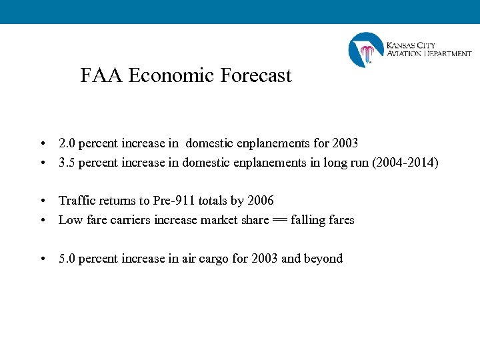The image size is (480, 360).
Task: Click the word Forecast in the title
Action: pos(257,76)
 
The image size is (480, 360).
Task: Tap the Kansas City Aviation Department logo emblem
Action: pos(366,50)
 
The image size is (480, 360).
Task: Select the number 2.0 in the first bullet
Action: pos(67,143)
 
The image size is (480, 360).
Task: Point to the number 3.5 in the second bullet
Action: pos(67,163)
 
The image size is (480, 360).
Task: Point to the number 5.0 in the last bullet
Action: pos(67,259)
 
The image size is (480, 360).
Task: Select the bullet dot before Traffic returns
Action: pos(42,201)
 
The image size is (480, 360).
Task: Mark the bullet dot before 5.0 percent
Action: pos(42,259)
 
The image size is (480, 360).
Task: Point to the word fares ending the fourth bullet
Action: pos(341,220)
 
